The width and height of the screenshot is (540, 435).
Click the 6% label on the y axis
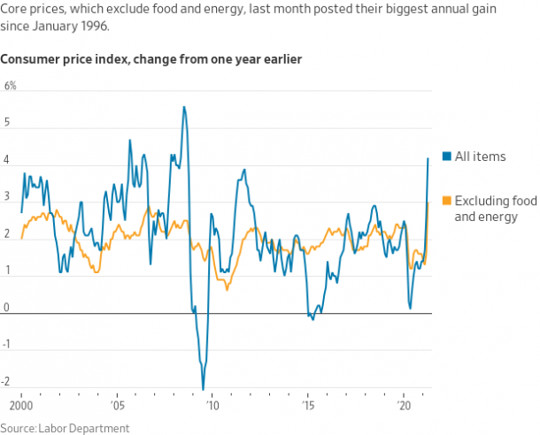(x=11, y=86)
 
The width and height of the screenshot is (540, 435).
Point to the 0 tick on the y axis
(x=8, y=308)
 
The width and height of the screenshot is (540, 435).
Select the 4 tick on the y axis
(x=8, y=160)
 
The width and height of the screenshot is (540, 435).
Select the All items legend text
(x=480, y=156)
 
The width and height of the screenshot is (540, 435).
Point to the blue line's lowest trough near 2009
(x=203, y=388)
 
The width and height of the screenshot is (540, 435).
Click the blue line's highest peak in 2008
(x=183, y=107)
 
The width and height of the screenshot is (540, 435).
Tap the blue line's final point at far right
(x=428, y=158)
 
